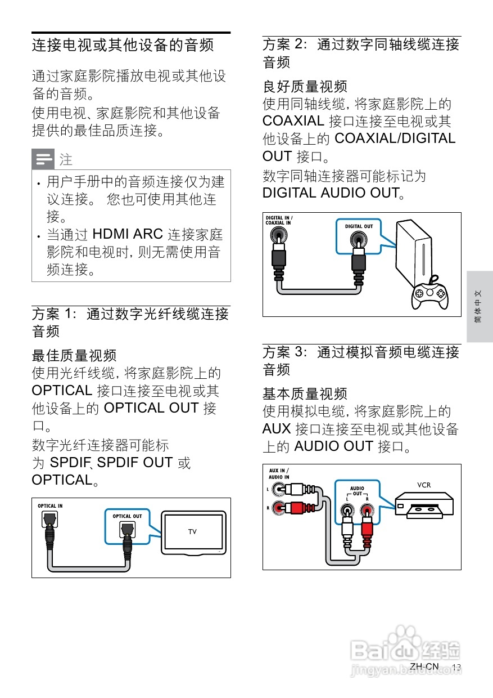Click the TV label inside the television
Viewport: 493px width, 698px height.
(x=192, y=531)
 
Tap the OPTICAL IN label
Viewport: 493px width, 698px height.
(x=50, y=505)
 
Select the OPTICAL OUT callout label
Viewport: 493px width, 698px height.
(x=127, y=516)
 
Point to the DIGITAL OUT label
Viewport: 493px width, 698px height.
(x=359, y=226)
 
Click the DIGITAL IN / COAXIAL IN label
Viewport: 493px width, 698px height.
(x=279, y=220)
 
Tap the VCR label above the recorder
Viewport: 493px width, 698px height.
(x=424, y=485)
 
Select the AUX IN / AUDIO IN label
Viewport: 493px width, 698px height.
(x=279, y=473)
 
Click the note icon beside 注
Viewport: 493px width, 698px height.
(x=43, y=159)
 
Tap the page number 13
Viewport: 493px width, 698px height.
(x=456, y=667)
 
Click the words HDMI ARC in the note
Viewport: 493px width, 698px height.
(x=128, y=234)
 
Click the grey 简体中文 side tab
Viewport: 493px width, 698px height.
(x=478, y=307)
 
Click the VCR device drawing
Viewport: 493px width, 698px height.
(x=424, y=504)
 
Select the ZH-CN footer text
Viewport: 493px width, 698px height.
(x=424, y=666)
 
